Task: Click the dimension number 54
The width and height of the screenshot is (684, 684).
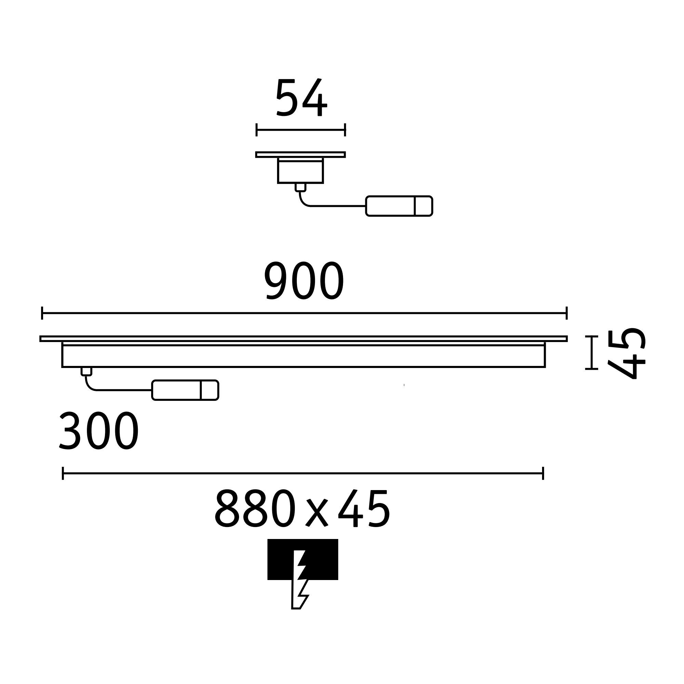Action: tap(301, 97)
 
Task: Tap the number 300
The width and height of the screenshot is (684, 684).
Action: tap(99, 431)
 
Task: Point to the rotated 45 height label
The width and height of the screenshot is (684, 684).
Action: tap(626, 354)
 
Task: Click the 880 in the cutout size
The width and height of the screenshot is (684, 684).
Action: tap(255, 508)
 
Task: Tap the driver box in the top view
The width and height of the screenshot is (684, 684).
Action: tap(399, 206)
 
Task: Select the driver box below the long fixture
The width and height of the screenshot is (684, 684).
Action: tap(185, 390)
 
